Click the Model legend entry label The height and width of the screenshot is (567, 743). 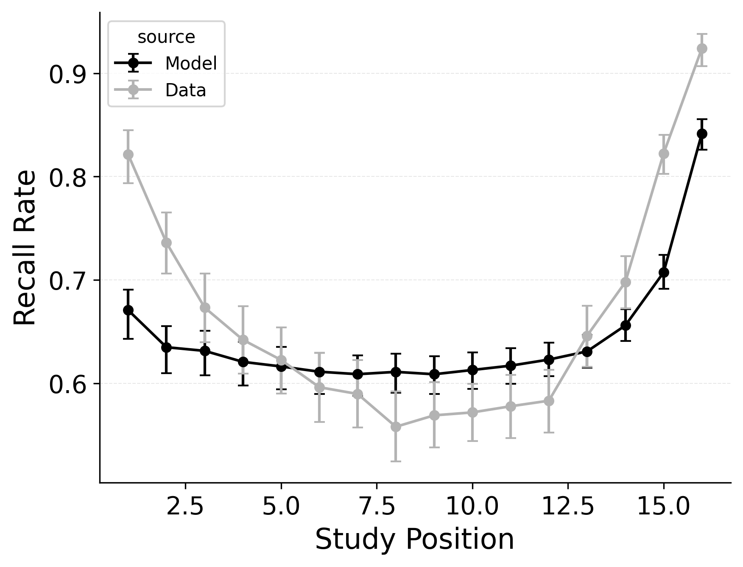tap(191, 64)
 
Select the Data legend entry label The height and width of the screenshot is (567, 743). tap(185, 90)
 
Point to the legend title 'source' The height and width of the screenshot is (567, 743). tap(166, 37)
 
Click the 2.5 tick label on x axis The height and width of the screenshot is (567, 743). tap(185, 507)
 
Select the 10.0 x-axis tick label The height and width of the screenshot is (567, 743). tap(472, 507)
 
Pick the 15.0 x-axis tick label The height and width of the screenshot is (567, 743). tap(664, 507)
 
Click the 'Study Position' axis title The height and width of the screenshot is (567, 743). tap(414, 540)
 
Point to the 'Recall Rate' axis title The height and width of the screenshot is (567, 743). tap(25, 248)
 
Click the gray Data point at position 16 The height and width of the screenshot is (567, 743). tap(702, 48)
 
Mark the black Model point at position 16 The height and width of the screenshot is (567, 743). tap(702, 134)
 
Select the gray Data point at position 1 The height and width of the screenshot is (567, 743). tap(128, 154)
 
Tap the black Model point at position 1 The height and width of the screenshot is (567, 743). tap(128, 310)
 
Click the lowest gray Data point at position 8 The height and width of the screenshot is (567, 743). tap(396, 427)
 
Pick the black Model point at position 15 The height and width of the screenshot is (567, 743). tap(664, 272)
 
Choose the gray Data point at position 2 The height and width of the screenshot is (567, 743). tap(166, 243)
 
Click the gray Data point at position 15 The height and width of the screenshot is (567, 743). tap(664, 154)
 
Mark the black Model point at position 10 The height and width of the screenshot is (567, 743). tap(472, 370)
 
